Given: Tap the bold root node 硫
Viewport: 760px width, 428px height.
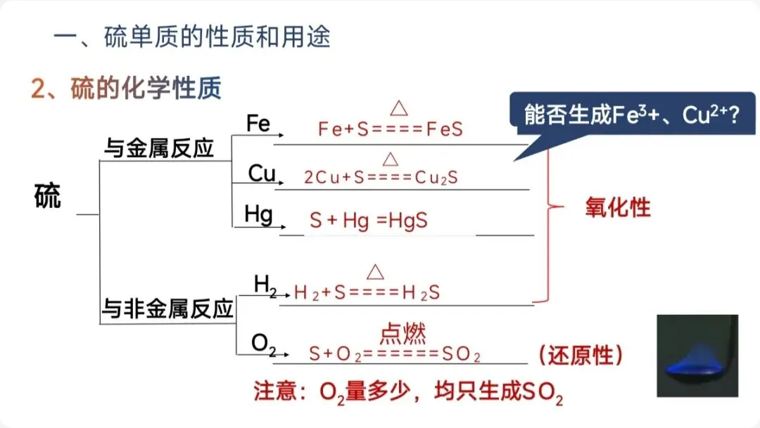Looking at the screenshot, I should coord(48,197).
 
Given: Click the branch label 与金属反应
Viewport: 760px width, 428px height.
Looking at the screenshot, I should coord(159,148).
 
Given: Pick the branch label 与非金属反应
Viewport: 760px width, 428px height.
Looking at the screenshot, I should coord(167,309).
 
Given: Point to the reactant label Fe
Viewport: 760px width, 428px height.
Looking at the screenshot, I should coord(258,124).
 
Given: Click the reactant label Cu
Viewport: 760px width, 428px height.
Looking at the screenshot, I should coord(261,174).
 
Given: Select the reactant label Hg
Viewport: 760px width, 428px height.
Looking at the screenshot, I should coord(258,214).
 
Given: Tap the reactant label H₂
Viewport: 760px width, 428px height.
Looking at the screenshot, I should coord(265,284).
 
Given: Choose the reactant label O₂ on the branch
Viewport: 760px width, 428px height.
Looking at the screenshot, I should coord(263,344).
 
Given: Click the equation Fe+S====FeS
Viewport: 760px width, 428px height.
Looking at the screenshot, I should coord(391,130).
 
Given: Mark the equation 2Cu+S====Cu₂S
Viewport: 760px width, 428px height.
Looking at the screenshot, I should coord(381,178).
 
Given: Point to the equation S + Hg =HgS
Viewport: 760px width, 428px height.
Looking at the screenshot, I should coord(369,221).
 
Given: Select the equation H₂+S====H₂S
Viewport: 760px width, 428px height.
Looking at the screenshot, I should coord(367,293).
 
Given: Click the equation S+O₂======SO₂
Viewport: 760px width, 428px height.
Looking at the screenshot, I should coord(395,354).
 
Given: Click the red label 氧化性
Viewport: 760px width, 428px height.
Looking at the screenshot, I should coord(618,207).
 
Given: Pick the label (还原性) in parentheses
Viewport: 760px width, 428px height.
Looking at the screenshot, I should coord(581,356).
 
